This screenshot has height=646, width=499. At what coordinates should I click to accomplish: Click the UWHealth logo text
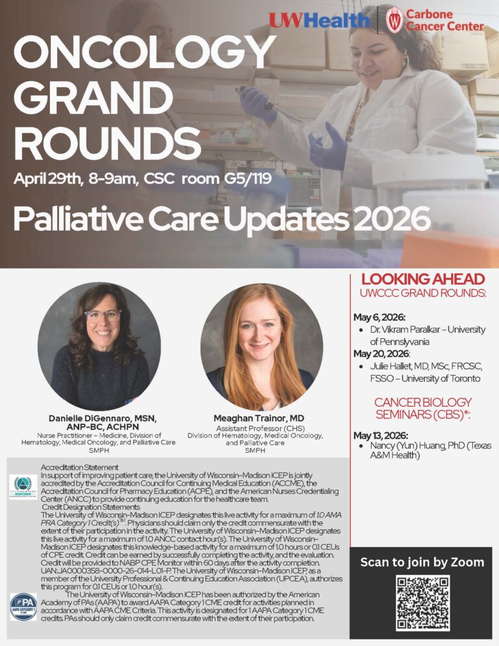click(320, 20)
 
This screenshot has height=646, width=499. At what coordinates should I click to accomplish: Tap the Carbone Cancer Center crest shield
click(393, 19)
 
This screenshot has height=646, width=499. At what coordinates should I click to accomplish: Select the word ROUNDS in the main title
click(107, 141)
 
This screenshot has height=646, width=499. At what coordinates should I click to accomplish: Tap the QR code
click(422, 602)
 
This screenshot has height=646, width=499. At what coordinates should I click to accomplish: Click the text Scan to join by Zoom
click(422, 562)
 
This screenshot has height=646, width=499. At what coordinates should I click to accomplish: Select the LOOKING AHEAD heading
click(423, 279)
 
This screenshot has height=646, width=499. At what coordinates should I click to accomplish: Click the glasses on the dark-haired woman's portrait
click(103, 316)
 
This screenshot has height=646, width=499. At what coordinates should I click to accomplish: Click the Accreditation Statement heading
click(79, 467)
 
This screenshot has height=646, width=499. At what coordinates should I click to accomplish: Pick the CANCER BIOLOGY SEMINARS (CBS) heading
click(422, 409)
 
